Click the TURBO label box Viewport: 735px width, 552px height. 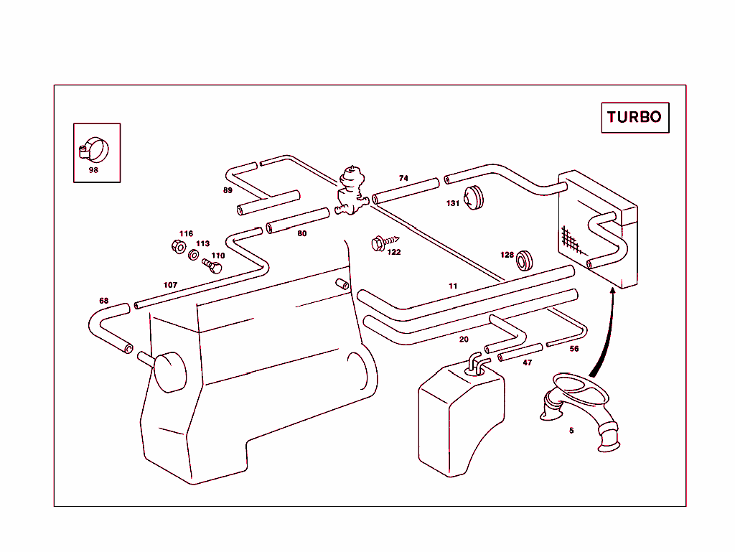coord(635,117)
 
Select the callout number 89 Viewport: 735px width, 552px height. coord(228,190)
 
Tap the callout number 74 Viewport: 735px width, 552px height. coord(403,178)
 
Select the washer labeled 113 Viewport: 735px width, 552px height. coord(195,255)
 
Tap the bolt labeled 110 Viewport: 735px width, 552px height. coord(213,266)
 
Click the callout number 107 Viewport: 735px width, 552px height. coord(170,285)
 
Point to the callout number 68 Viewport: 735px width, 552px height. coord(104,300)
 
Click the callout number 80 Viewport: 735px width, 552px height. coord(301,233)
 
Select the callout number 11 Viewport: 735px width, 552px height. coord(453,286)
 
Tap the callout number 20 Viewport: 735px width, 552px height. coord(464,339)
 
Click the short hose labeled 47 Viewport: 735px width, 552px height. coord(520,352)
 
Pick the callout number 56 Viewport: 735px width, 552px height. coord(574,349)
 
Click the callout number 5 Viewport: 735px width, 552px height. coord(571,431)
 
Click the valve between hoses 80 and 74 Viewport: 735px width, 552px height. coord(351,190)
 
